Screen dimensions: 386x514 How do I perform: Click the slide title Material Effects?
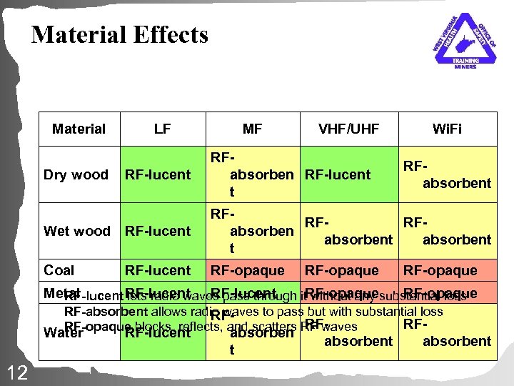(120, 34)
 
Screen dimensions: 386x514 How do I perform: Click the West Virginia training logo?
(465, 41)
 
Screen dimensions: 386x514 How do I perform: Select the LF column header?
(161, 129)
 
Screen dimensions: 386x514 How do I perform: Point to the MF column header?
(252, 129)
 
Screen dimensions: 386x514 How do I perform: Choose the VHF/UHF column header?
(349, 129)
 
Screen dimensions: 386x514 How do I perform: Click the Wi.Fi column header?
(447, 129)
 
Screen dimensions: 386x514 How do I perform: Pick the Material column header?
(79, 129)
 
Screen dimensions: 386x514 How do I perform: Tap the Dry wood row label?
(76, 175)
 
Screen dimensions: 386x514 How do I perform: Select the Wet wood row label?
(77, 231)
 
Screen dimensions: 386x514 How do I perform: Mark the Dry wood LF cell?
(158, 175)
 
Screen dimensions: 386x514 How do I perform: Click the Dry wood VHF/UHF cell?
(338, 175)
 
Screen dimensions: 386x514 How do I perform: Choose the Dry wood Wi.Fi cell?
(447, 175)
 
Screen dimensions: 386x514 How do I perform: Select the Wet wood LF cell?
(158, 231)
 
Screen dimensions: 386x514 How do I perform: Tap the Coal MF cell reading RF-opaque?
(246, 271)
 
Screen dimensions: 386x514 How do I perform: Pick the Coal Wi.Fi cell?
(440, 271)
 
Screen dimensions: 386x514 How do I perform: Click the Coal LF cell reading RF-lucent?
(158, 271)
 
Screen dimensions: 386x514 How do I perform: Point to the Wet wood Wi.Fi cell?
(447, 232)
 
